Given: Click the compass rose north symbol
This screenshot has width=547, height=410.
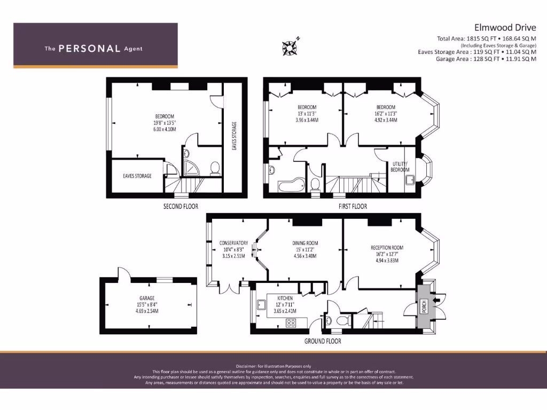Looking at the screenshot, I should tap(290, 47).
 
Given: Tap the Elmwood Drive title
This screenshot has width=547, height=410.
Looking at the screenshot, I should tap(505, 27).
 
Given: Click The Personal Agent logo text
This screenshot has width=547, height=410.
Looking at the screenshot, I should tap(93, 49).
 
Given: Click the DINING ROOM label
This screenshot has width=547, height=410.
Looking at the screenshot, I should tap(305, 243).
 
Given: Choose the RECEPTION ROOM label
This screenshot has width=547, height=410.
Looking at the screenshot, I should tap(387, 248).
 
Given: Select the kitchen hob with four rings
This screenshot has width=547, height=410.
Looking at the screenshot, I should tap(292, 322).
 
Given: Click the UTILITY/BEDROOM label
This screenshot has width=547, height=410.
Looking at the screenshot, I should tap(400, 167).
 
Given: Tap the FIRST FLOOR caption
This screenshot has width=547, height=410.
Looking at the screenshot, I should tap(352, 206).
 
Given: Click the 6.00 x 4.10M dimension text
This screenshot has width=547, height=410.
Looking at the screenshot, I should tap(165, 129).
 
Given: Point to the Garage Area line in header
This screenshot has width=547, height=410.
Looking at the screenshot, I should tap(486, 59).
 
